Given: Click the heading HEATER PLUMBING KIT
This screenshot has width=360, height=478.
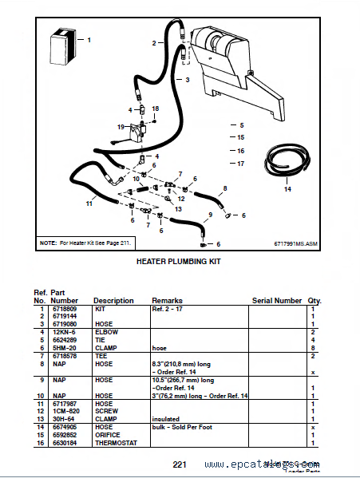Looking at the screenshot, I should click(178, 261).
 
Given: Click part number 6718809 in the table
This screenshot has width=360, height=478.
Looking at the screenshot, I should click(65, 308).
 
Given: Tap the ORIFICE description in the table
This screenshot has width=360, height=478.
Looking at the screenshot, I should click(108, 436).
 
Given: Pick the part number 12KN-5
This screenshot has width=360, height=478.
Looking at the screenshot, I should click(64, 330).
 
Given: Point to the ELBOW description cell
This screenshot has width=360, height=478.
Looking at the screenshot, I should click(105, 330).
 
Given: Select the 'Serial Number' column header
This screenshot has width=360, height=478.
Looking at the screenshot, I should click(277, 301).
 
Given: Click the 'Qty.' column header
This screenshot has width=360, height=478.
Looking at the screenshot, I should click(315, 301).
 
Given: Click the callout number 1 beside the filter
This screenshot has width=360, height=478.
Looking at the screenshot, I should click(89, 39).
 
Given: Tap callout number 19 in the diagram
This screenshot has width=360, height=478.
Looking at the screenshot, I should click(121, 127).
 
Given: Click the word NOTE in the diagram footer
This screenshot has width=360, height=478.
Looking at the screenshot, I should click(47, 241).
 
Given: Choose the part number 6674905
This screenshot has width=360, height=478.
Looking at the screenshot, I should click(65, 429).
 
